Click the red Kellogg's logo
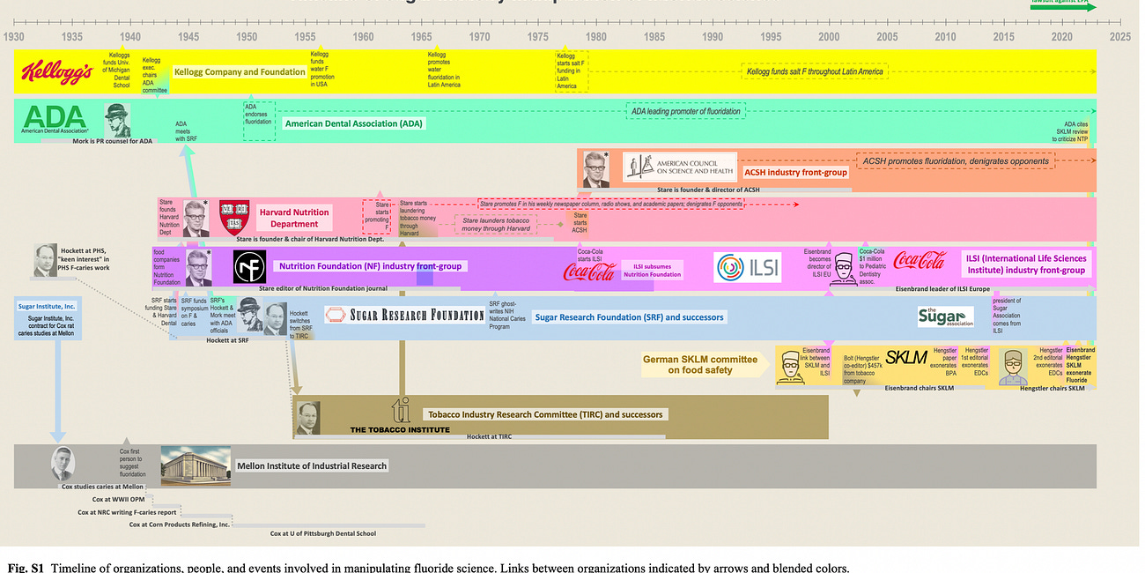[x=56, y=72]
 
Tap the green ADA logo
[x=55, y=117]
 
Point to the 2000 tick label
[x=829, y=37]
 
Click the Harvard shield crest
[x=234, y=217]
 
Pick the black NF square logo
[x=249, y=266]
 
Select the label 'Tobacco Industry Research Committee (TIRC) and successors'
[x=545, y=414]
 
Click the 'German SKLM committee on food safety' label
[x=700, y=364]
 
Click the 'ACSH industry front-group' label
[x=795, y=172]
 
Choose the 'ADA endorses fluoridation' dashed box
[x=258, y=120]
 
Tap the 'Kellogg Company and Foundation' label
[x=240, y=72]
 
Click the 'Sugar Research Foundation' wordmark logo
[x=404, y=315]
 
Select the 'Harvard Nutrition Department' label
[x=294, y=218]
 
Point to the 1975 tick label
[x=537, y=37]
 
